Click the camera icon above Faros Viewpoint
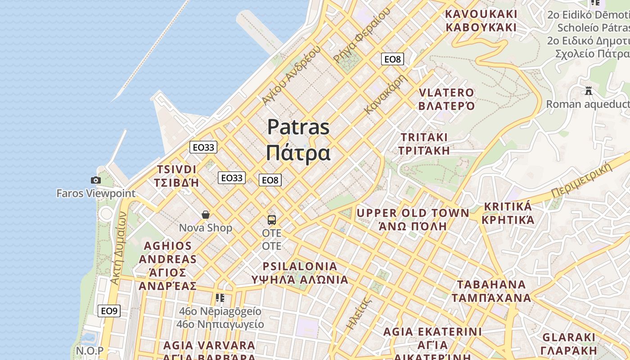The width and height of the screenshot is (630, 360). point(95,180)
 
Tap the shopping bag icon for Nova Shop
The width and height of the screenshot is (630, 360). point(206,215)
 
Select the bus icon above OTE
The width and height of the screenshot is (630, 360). point(272,220)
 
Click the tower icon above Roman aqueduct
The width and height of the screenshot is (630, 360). point(589,91)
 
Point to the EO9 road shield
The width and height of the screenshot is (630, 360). point(109,311)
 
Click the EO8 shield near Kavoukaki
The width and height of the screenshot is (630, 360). point(392,59)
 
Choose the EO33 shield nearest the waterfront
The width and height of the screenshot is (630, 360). point(203,147)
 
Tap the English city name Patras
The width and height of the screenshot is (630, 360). point(298,127)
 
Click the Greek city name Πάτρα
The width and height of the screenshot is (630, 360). point(298,153)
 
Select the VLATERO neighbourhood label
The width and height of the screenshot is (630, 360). point(446,93)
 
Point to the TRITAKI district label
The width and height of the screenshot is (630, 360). point(424,137)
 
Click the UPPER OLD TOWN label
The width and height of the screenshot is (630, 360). point(413,213)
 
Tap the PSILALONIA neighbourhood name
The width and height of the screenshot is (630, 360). point(300,266)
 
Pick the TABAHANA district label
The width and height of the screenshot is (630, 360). point(491,285)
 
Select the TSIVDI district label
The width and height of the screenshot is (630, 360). point(176,170)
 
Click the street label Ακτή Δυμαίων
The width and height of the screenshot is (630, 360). point(118,248)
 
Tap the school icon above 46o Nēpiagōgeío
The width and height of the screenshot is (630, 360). point(220,298)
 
